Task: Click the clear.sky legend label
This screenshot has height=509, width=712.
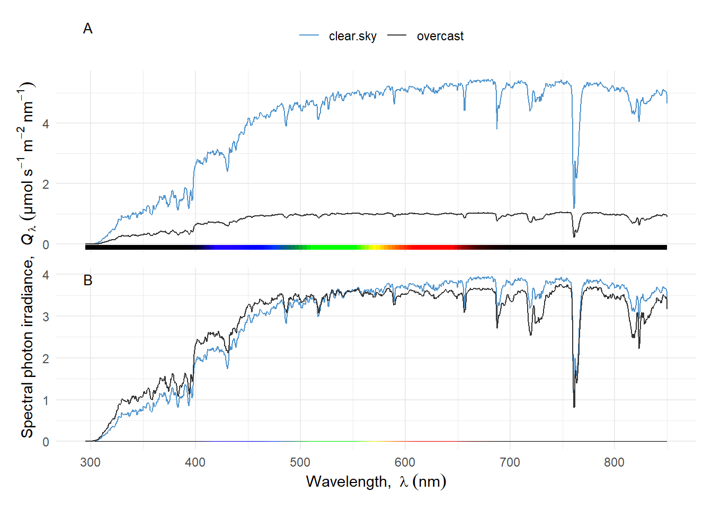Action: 352,36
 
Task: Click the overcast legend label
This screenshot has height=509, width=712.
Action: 440,36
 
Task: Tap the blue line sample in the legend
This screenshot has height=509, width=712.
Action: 309,36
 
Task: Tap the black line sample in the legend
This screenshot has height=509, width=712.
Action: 397,36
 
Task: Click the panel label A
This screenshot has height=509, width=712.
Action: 88,29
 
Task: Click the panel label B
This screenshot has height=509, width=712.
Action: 88,280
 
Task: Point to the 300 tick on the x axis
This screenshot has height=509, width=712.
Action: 90,462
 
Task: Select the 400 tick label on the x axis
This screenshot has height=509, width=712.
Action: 195,462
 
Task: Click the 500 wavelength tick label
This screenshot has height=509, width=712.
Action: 300,462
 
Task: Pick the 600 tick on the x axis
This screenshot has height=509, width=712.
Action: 405,462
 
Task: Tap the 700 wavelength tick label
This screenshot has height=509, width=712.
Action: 510,462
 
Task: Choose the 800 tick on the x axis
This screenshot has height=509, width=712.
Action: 614,462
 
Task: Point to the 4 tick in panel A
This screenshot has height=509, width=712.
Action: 46,124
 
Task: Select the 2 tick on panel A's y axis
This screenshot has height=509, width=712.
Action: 46,185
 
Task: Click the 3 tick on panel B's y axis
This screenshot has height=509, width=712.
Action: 46,317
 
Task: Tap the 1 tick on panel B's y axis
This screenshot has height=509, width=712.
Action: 46,400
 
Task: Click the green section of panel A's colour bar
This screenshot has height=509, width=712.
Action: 328,247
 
